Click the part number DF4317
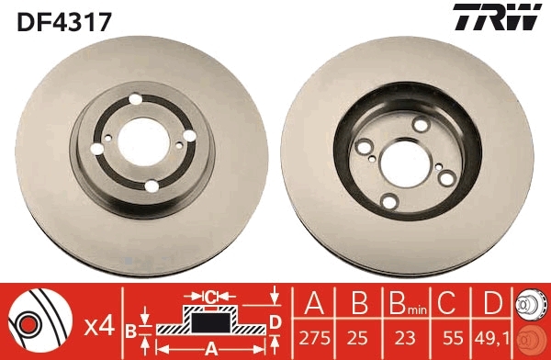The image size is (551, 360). [62, 20]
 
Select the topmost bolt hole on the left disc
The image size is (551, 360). [135, 102]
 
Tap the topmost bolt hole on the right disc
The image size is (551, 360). [421, 124]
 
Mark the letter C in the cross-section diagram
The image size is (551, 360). [209, 297]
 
